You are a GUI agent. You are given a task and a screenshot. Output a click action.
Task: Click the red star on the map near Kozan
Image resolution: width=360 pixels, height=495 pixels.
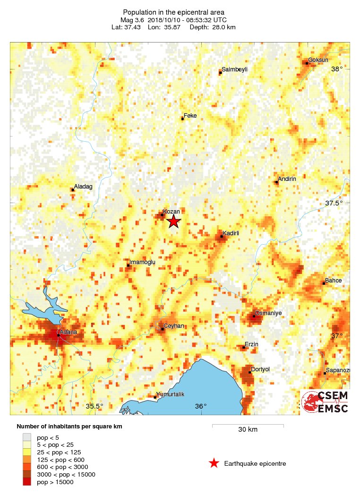pos(174,221)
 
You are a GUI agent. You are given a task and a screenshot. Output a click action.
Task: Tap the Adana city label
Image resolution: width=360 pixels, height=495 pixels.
pos(67,332)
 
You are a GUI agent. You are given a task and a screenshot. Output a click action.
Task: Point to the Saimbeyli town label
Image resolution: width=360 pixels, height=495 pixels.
pos(234,69)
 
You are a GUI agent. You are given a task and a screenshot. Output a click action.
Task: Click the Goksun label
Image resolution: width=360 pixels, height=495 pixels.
pos(318,60)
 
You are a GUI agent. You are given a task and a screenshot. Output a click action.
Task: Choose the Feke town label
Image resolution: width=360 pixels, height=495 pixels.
pos(190,116)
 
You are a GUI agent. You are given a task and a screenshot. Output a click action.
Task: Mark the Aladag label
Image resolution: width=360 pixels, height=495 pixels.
pos(83,187)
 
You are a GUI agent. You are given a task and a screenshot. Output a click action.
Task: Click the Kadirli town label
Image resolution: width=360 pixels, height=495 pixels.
pos(231,233)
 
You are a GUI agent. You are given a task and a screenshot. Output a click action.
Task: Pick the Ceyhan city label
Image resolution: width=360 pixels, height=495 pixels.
pos(173,326)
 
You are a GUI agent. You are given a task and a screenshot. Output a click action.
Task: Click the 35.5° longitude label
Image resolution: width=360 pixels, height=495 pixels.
pos(94,406)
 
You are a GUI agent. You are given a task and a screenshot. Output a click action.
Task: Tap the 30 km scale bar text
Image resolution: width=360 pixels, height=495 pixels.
pos(248,430)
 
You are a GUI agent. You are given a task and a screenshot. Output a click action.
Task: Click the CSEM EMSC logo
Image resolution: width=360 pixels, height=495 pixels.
pos(325,401)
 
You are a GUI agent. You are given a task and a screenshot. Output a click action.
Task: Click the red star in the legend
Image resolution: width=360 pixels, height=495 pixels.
pos(214,463)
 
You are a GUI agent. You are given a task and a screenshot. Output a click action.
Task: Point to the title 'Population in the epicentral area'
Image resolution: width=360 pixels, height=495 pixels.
pos(173,12)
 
